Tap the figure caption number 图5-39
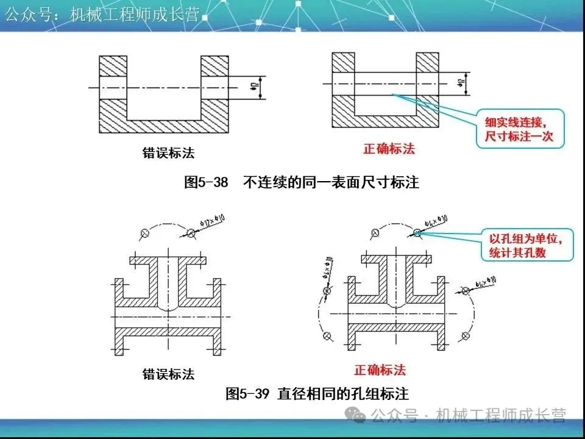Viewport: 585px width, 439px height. click(247, 393)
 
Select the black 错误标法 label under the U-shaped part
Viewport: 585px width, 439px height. click(169, 152)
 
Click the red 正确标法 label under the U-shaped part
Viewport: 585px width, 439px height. click(389, 149)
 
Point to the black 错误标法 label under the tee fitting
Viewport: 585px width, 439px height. click(169, 374)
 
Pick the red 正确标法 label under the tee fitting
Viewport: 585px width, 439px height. click(380, 369)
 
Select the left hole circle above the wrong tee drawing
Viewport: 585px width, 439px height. click(144, 232)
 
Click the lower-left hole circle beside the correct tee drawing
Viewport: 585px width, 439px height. click(327, 336)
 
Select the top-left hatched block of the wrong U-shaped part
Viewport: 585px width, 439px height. click(113, 66)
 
